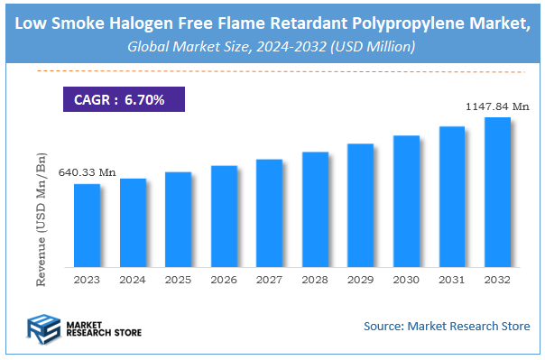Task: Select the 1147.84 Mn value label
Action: pyautogui.click(x=496, y=106)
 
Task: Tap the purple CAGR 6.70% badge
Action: pyautogui.click(x=119, y=99)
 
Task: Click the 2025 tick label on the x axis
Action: pyautogui.click(x=178, y=281)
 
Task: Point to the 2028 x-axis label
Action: pyautogui.click(x=315, y=281)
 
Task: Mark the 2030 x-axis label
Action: pyautogui.click(x=406, y=281)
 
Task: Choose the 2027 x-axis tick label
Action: pyautogui.click(x=270, y=281)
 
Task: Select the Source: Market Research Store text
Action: pyautogui.click(x=447, y=326)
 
